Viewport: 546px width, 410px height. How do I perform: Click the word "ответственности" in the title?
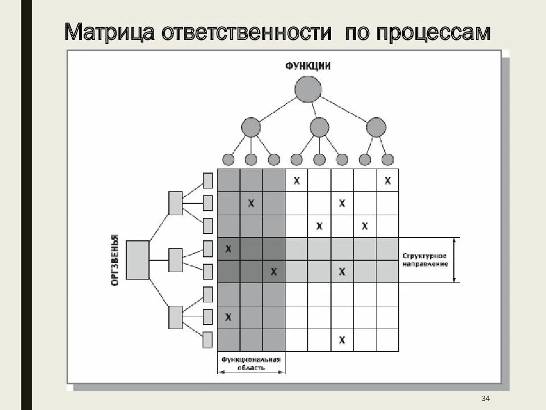246,32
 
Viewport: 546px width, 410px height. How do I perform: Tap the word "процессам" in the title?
433,33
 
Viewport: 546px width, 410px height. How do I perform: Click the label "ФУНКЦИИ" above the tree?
308,66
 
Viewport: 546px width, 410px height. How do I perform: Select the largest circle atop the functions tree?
308,89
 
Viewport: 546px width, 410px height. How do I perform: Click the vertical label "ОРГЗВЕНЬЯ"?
115,259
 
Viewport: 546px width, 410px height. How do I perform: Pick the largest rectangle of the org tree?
137,260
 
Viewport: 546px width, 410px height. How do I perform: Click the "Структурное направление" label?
424,260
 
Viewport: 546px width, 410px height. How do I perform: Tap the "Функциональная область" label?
251,363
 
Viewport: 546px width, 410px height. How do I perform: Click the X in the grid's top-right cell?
387,181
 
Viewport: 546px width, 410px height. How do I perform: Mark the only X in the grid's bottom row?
342,340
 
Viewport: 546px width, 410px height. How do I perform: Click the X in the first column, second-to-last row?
229,317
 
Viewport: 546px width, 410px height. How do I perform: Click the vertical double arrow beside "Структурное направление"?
454,260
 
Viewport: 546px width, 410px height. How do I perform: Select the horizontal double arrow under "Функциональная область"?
251,372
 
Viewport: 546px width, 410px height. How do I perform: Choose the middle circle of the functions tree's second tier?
319,126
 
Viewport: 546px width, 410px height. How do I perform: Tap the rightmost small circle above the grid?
387,159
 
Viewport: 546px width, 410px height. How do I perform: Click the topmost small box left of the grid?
208,181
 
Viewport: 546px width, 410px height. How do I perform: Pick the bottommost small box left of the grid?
208,340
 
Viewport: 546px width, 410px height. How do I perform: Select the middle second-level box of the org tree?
175,260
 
